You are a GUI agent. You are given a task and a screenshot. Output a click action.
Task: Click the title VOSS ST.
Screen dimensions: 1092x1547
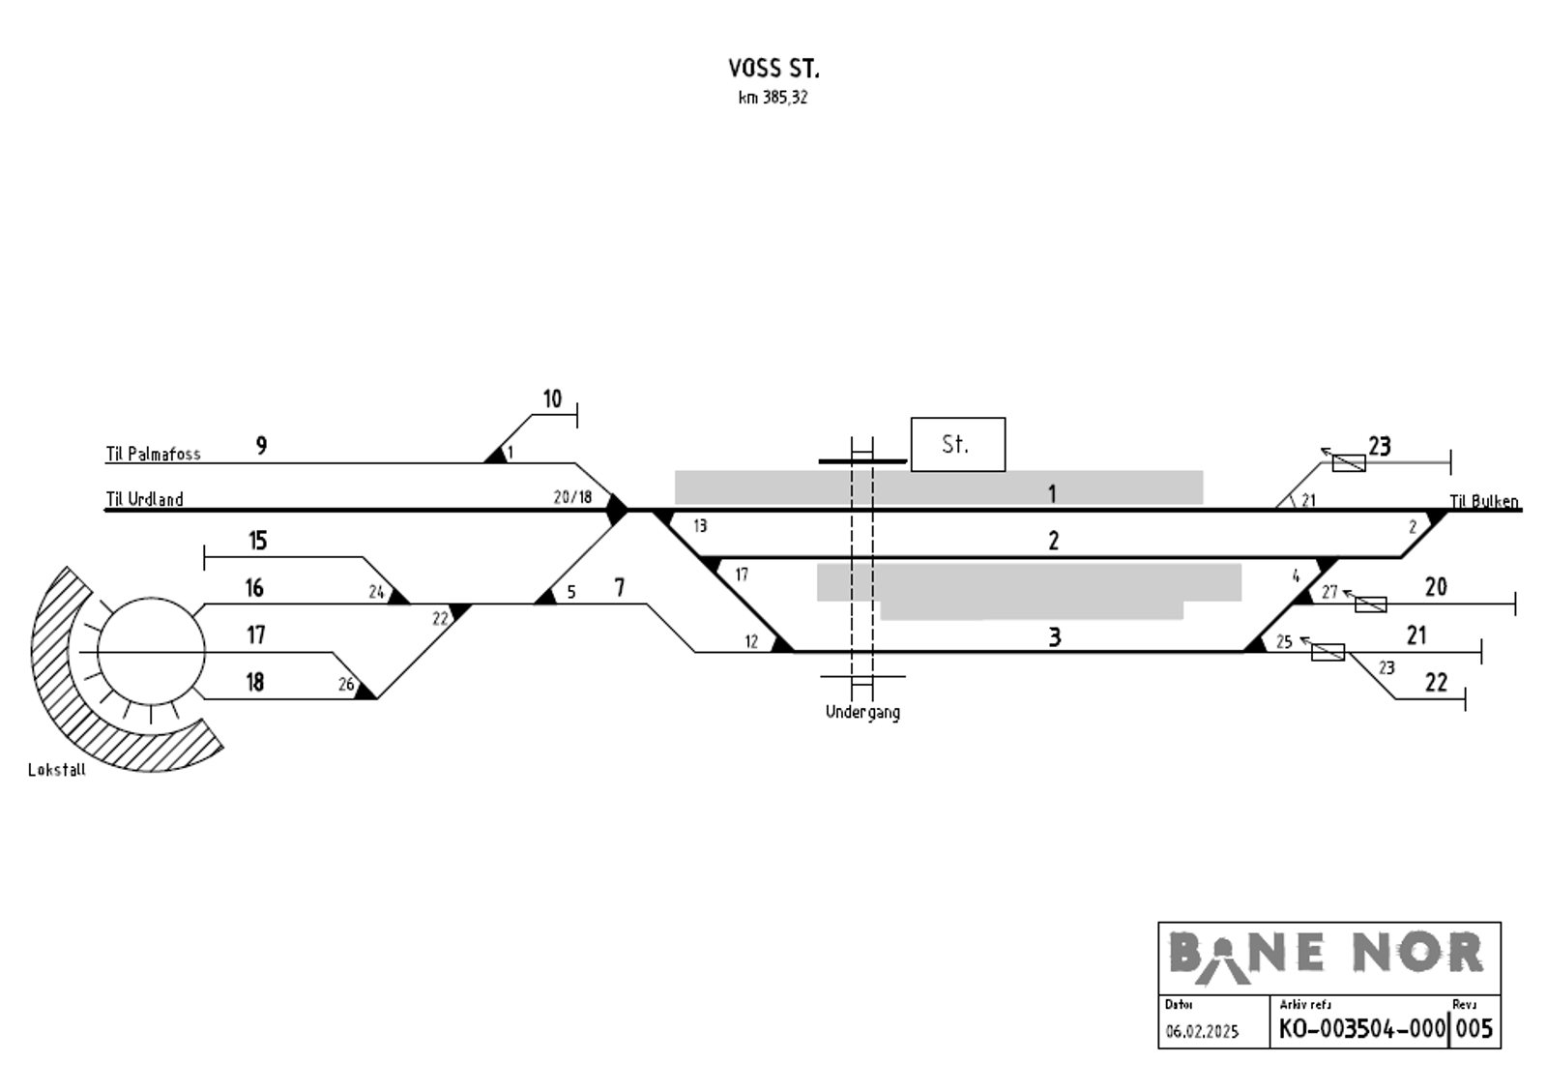(773, 69)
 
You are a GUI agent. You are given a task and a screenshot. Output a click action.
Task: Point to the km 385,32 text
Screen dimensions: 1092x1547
(773, 98)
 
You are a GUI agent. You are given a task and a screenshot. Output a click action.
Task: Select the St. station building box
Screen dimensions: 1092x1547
(957, 444)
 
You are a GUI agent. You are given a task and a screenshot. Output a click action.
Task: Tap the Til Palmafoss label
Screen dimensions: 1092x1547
(153, 454)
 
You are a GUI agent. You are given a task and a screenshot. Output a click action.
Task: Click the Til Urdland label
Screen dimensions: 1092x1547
(144, 500)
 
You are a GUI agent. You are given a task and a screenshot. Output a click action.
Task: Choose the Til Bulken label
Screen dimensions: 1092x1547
(1483, 501)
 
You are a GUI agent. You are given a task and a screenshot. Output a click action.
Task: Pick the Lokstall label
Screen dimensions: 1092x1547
(57, 770)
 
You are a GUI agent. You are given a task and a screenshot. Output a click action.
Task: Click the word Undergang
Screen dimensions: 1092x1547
(862, 712)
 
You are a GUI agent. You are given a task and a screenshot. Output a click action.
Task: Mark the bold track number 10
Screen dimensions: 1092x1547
(552, 398)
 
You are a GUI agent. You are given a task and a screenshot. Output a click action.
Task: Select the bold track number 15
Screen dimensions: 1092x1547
(257, 541)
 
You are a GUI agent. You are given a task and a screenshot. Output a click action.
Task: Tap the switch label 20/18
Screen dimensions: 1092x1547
(572, 497)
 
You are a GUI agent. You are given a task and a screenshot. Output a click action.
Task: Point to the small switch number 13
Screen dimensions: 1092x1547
(700, 526)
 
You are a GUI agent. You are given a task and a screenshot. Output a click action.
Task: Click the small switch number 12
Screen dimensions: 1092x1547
(751, 641)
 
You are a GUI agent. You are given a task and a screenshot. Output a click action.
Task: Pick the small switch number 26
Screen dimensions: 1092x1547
(346, 685)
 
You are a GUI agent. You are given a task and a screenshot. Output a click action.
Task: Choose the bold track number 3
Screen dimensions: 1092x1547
(1055, 637)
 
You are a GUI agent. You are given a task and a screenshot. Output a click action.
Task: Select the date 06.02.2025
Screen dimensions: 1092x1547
(1202, 1032)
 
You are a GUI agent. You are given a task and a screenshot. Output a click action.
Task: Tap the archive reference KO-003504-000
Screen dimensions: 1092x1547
(1361, 1029)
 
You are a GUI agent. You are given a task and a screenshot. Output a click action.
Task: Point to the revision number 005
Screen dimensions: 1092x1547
(1474, 1029)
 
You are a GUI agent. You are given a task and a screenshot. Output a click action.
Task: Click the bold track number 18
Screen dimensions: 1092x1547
(254, 683)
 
